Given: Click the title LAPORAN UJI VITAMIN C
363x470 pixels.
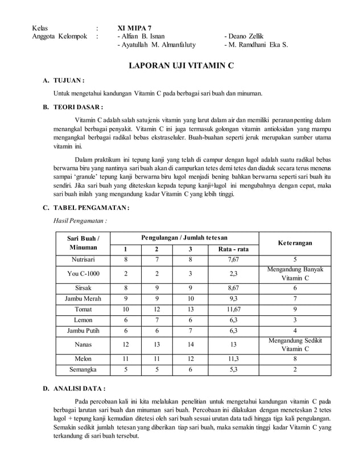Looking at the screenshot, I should pyautogui.click(x=180, y=67).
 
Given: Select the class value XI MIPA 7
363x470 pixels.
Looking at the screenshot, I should pyautogui.click(x=134, y=27).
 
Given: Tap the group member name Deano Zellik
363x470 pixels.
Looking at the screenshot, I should pyautogui.click(x=244, y=36).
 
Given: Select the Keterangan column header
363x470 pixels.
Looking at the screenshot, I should pyautogui.click(x=295, y=243).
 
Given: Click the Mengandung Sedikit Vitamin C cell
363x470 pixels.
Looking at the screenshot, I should pyautogui.click(x=295, y=344).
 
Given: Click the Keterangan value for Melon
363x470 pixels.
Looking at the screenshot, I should pyautogui.click(x=295, y=358).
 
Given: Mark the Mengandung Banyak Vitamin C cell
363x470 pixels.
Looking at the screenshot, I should pyautogui.click(x=295, y=274).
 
